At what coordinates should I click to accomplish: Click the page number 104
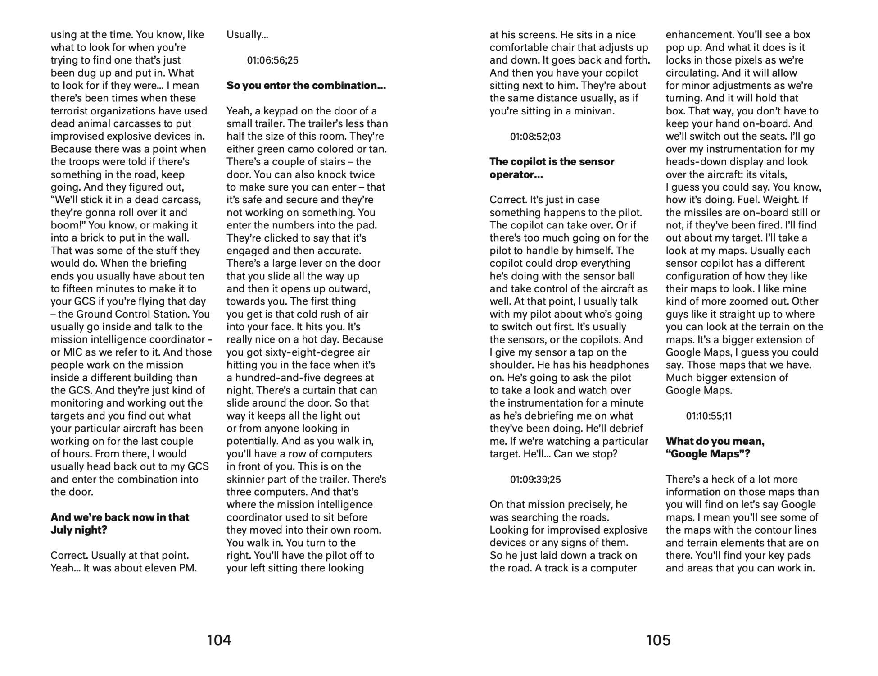(219, 640)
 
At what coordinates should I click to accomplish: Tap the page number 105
(658, 640)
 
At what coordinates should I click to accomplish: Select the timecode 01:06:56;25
(272, 60)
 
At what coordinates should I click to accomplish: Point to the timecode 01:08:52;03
(535, 137)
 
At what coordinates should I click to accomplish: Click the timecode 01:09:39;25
(535, 480)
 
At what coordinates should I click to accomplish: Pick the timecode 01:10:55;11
(709, 416)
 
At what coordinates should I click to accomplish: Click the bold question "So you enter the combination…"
(306, 86)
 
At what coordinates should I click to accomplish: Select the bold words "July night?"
(79, 530)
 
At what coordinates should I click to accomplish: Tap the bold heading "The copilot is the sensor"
(552, 162)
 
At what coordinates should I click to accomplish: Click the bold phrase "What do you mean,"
(715, 441)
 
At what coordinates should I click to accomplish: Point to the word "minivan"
(594, 111)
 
